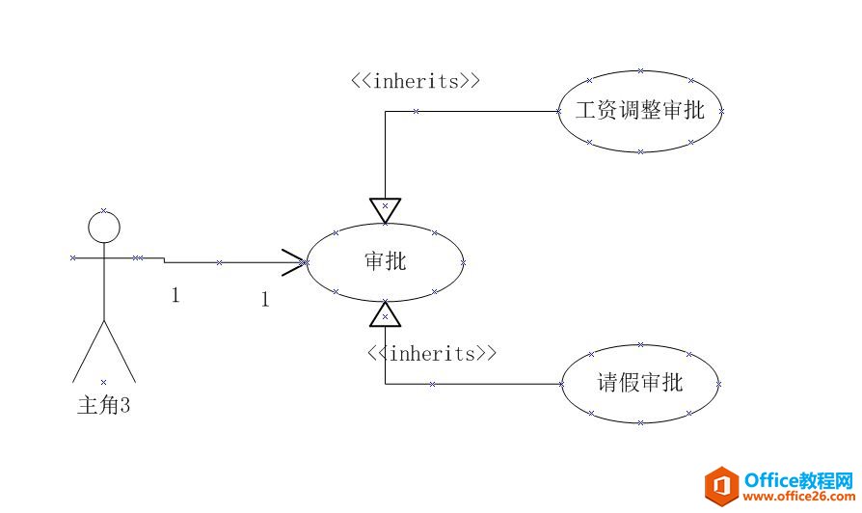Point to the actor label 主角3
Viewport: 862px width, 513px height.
103,406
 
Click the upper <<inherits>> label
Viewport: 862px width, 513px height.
415,81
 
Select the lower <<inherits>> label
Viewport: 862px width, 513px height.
432,353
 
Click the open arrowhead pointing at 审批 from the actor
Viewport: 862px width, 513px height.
294,261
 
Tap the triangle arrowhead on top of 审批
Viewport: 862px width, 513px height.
385,209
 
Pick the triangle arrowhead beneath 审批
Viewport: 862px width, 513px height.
385,313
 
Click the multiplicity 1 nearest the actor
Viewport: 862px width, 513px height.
175,295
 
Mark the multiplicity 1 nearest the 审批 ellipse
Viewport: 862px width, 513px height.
264,300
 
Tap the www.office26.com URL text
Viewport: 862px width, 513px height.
798,497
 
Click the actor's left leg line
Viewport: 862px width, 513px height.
88,349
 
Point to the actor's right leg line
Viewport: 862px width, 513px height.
119,349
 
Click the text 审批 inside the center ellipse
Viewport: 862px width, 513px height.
386,260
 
